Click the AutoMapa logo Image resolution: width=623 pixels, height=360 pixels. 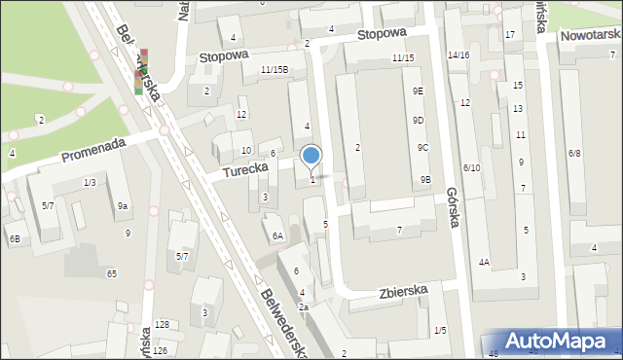point(556,341)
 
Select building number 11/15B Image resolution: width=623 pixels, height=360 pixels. point(274,69)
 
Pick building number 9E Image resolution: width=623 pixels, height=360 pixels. point(418,90)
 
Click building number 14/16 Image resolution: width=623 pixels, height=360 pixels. point(458,55)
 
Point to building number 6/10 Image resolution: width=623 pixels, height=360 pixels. point(471,168)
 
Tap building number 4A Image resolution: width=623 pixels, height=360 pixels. point(484,262)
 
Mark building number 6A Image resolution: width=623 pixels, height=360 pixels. point(277,236)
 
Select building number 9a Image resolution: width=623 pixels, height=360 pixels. point(123,205)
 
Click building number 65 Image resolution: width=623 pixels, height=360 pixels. point(112,274)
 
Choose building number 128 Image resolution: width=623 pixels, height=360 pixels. point(162,324)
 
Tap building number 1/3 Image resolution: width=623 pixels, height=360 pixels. point(90,183)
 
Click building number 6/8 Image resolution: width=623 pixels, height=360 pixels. point(574,154)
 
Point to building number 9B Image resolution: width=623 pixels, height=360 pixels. point(425,179)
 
